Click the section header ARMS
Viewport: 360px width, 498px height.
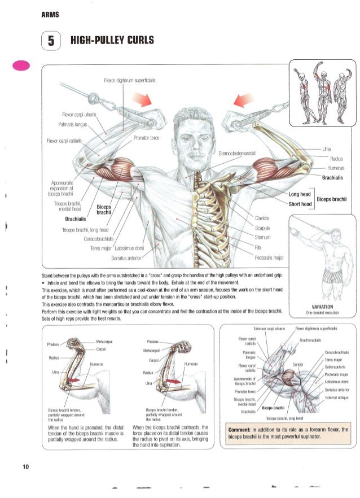point(49,13)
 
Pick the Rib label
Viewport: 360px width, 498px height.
point(256,247)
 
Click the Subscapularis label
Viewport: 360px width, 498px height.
point(337,368)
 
